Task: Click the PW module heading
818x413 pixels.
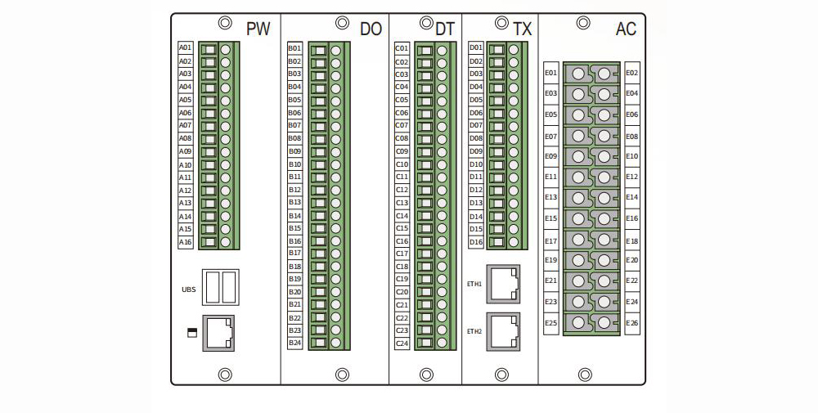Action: [258, 29]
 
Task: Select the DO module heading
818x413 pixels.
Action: [371, 29]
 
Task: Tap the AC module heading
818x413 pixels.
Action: [626, 29]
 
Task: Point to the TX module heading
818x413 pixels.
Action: [522, 29]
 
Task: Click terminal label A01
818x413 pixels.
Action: [186, 48]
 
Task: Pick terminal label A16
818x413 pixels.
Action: [186, 242]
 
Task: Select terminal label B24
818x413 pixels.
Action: [294, 343]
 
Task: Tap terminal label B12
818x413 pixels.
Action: [294, 190]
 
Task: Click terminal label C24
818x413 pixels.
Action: [402, 343]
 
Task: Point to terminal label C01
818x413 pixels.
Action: [402, 48]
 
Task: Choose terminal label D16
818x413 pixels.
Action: [476, 242]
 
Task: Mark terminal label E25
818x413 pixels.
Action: [551, 323]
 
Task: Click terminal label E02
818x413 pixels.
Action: [631, 73]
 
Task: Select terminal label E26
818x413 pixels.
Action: [631, 323]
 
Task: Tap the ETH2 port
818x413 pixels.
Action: [504, 330]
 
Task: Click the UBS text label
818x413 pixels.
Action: [188, 290]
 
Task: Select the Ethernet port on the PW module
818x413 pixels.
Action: [218, 333]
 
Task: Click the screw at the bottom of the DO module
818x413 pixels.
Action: [342, 375]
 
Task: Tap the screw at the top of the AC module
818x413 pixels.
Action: [584, 23]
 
